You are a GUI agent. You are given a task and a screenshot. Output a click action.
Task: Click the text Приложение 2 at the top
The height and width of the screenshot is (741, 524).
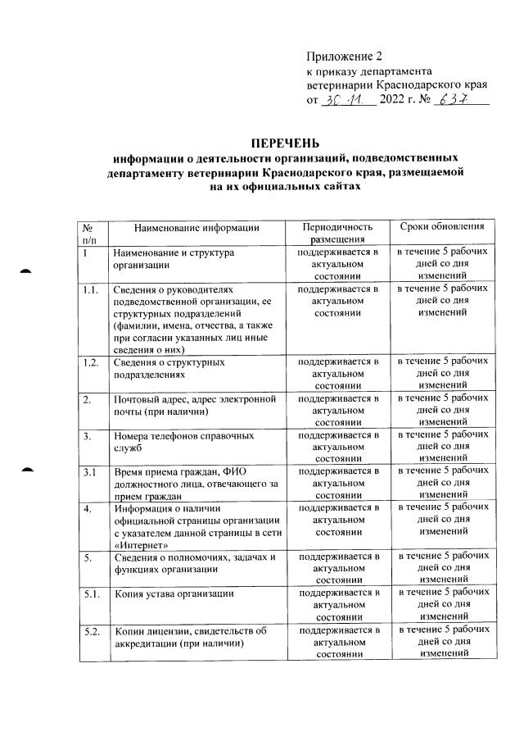[344, 57]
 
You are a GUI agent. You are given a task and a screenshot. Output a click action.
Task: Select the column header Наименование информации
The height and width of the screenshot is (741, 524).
[196, 227]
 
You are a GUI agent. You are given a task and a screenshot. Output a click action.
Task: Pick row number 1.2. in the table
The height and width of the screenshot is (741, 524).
[92, 361]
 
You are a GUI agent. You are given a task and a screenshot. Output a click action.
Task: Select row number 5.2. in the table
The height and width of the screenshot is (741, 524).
[92, 631]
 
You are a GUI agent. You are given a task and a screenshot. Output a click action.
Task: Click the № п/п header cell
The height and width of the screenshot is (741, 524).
[90, 233]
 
